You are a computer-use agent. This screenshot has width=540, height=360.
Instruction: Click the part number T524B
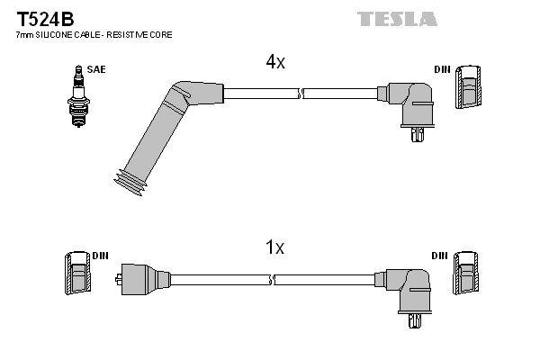[39, 16]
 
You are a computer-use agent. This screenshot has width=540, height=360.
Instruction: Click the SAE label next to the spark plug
[94, 67]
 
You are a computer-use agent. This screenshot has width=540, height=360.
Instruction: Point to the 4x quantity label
[274, 62]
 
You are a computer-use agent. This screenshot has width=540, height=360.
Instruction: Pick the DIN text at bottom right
[439, 256]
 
